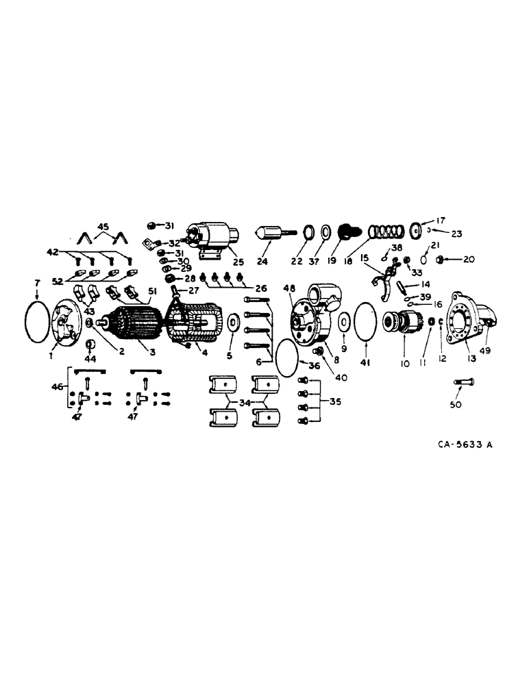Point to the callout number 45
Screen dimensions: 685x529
103,227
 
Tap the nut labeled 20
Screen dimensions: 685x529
441,259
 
